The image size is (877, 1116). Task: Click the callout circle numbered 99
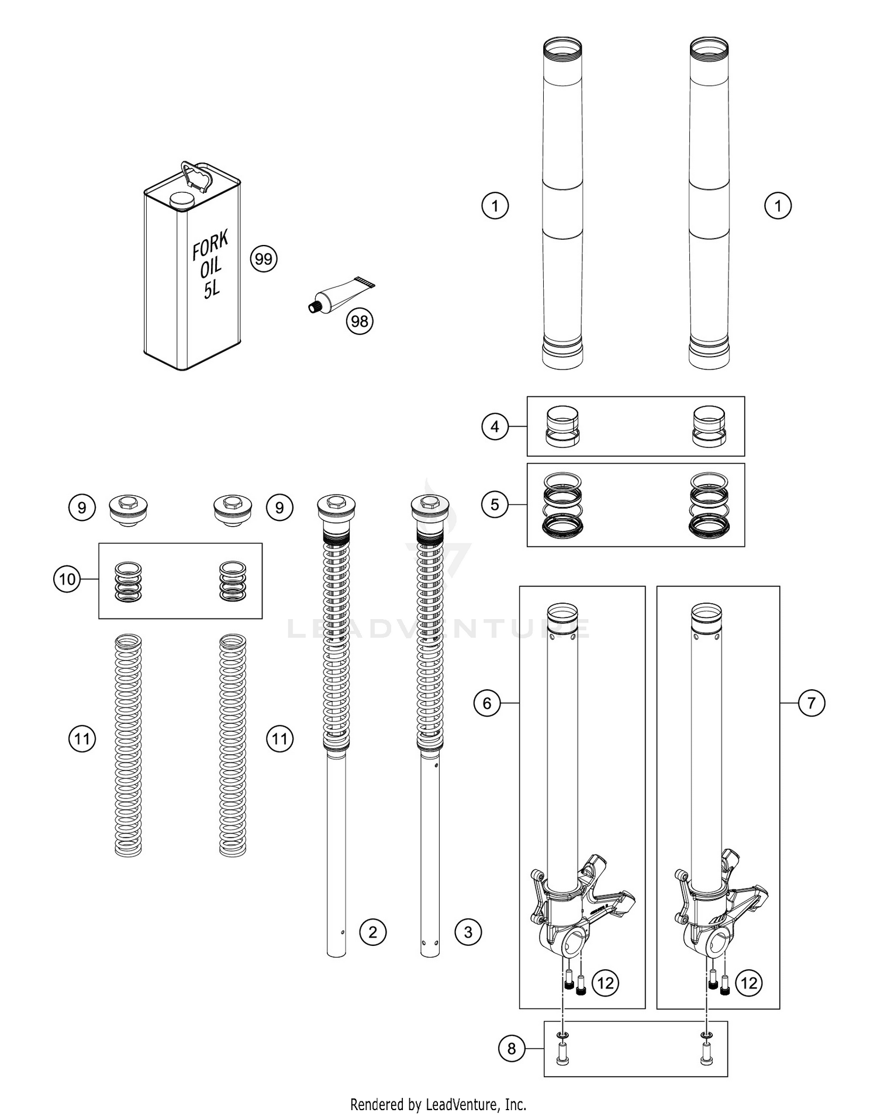tap(264, 258)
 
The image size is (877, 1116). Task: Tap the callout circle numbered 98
tap(360, 321)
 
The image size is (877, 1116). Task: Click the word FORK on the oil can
tap(210, 244)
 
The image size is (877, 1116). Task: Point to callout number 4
tap(495, 427)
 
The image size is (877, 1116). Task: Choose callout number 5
tap(495, 504)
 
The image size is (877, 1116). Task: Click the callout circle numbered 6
tap(487, 703)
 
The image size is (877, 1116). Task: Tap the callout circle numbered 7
tap(811, 703)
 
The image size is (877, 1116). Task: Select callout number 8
tap(512, 1049)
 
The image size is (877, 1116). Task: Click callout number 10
tap(67, 579)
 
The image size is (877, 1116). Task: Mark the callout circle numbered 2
tap(373, 932)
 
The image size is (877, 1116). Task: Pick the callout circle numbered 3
tap(468, 932)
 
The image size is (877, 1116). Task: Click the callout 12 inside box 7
tap(749, 983)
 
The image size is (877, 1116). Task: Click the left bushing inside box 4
tap(562, 427)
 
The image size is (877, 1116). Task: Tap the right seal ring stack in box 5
tap(709, 505)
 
